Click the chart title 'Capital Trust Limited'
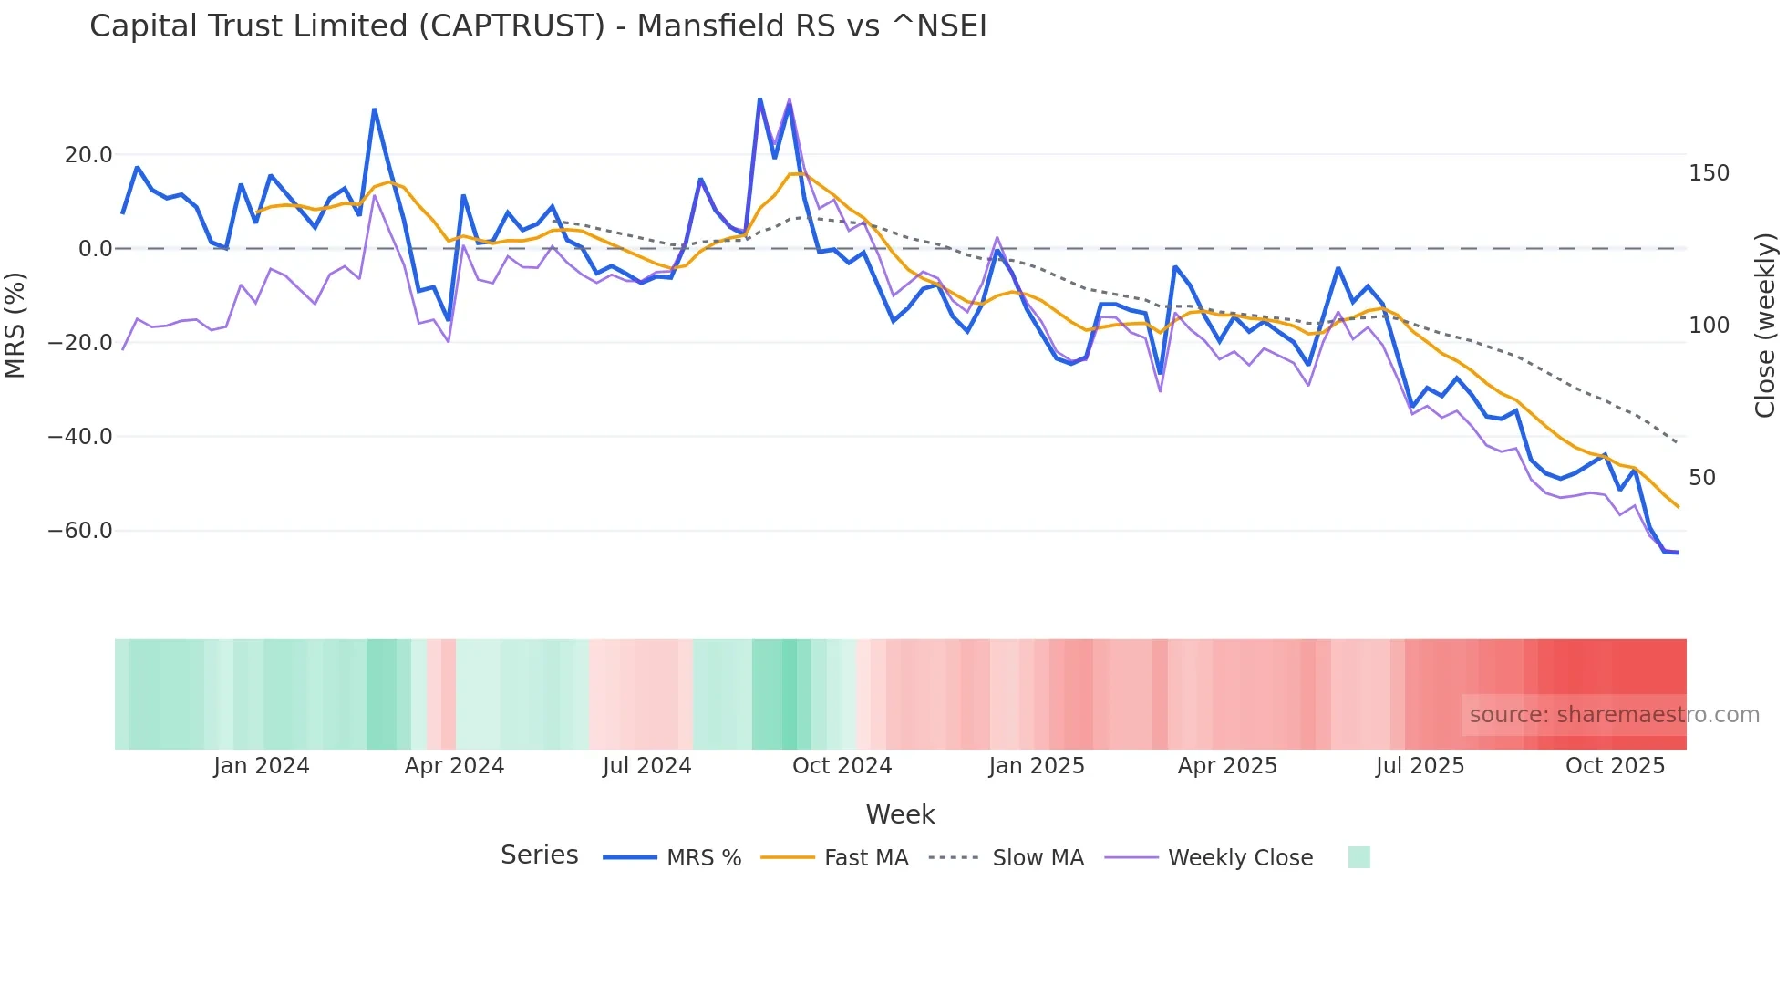pyautogui.click(x=538, y=26)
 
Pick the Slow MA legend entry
pyautogui.click(x=1007, y=858)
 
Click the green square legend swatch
pyautogui.click(x=1358, y=857)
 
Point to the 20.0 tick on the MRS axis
pyautogui.click(x=88, y=155)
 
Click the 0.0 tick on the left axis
pyautogui.click(x=96, y=249)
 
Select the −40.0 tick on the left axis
pyautogui.click(x=80, y=437)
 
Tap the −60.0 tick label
pyautogui.click(x=80, y=531)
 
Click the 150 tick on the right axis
pyautogui.click(x=1709, y=173)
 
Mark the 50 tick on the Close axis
pyautogui.click(x=1702, y=478)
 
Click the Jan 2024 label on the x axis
pyautogui.click(x=262, y=766)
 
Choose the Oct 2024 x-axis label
pyautogui.click(x=842, y=766)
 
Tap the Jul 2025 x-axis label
pyautogui.click(x=1420, y=766)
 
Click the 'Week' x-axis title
pyautogui.click(x=900, y=814)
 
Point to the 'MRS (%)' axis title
pyautogui.click(x=15, y=325)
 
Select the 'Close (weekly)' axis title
pyautogui.click(x=1765, y=326)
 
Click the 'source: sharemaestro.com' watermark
pyautogui.click(x=1614, y=715)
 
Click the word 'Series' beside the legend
pyautogui.click(x=539, y=855)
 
